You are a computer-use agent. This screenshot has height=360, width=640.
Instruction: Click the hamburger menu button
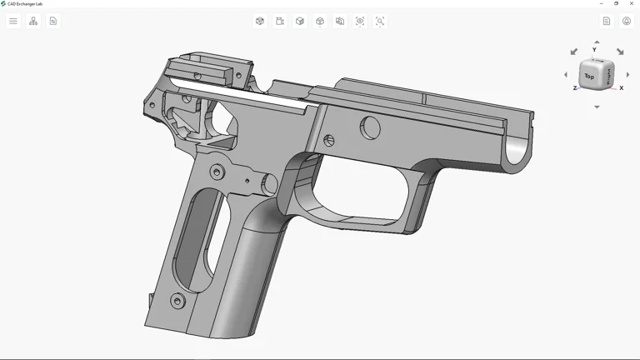click(13, 21)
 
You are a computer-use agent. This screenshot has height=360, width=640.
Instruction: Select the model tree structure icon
click(33, 21)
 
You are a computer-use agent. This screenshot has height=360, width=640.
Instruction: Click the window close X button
click(631, 3)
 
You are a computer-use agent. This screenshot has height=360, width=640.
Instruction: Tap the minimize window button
click(602, 3)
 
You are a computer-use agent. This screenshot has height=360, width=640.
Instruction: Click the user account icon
click(627, 21)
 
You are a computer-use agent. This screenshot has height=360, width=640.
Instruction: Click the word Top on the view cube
click(589, 77)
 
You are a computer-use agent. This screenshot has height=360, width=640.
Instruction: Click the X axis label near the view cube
click(621, 87)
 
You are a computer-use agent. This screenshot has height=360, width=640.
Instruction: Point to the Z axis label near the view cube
click(575, 87)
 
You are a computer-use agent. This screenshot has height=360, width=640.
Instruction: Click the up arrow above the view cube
click(597, 42)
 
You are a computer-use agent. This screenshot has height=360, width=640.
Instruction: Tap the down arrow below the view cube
click(597, 107)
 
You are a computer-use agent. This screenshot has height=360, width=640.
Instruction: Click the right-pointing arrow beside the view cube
click(627, 75)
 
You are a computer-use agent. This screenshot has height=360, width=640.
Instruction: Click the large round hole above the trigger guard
click(370, 127)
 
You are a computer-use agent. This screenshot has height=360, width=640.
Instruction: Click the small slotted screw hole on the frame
click(329, 141)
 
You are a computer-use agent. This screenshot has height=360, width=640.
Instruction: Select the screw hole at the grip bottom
click(177, 301)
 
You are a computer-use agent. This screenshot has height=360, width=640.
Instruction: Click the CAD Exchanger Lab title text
click(25, 3)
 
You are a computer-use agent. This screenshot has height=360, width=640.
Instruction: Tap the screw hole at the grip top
click(217, 172)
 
